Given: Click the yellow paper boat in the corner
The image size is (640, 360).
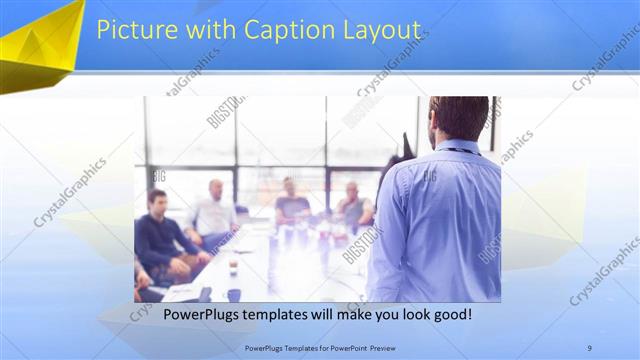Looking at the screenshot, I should click(x=40, y=45).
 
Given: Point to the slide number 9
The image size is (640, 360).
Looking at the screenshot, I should click(x=589, y=347).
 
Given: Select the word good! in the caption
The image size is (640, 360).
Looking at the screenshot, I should click(x=450, y=315).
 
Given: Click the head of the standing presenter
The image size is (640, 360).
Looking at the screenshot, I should click(x=459, y=118).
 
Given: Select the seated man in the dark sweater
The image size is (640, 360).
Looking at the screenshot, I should click(x=159, y=240).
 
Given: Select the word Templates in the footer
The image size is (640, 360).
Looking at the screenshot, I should click(x=299, y=347).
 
